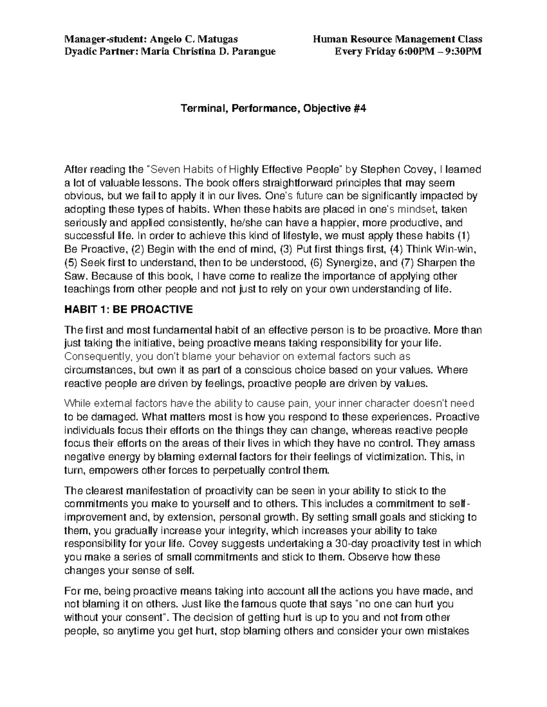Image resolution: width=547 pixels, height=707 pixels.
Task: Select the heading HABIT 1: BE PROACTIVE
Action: [129, 310]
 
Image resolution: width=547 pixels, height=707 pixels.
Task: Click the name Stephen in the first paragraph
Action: [377, 170]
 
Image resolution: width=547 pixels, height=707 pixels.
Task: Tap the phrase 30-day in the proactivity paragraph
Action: [349, 544]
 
